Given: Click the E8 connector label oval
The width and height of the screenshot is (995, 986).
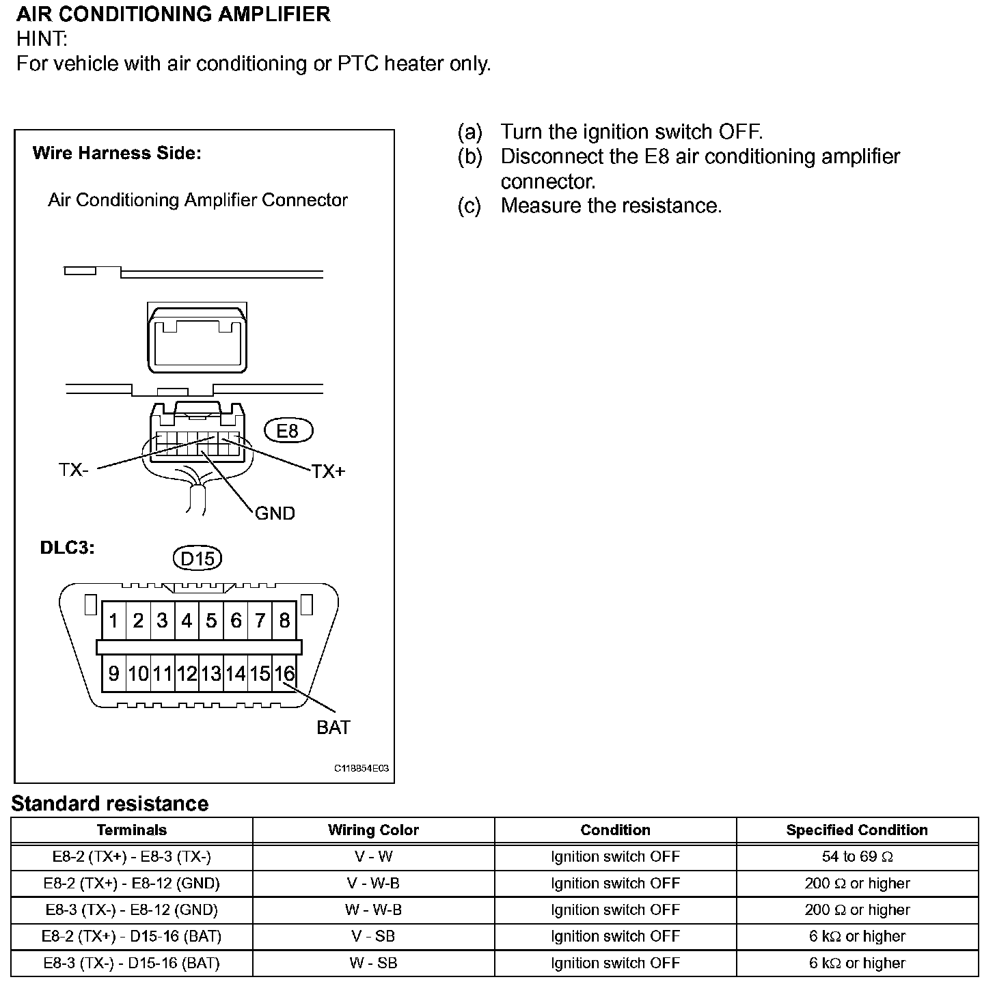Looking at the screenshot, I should tap(288, 431).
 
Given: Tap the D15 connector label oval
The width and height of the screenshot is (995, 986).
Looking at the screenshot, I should tap(197, 559).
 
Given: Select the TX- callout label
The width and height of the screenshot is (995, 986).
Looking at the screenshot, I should tap(73, 470).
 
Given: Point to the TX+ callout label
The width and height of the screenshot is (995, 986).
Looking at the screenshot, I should tap(328, 471).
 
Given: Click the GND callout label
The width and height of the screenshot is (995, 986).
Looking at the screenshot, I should tap(275, 513).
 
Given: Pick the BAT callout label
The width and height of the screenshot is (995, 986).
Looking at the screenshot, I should tap(333, 727).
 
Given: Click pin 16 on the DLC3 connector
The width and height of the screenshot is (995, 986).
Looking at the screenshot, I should tap(284, 674).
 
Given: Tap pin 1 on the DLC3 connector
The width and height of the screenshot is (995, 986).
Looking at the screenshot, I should tap(113, 621).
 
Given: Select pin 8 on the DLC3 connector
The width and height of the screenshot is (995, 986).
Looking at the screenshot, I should tap(284, 621).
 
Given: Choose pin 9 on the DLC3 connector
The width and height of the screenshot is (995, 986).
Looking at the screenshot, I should tap(113, 674).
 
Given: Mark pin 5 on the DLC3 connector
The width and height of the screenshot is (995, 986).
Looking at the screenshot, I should tap(211, 621).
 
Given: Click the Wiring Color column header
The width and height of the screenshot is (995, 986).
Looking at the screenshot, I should tap(373, 830).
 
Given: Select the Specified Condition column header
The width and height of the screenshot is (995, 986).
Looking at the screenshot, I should tap(857, 830).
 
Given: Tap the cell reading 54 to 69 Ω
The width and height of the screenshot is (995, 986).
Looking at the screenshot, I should tap(857, 857).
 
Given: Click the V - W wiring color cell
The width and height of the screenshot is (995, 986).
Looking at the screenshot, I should tap(373, 857).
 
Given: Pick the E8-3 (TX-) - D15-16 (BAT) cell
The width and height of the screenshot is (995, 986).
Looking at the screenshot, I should tap(132, 963).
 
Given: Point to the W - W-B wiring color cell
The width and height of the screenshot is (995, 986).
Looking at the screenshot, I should tap(373, 910).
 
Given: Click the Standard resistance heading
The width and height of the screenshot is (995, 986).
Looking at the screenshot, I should tap(110, 804).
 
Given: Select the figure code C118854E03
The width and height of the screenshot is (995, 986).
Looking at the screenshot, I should tap(362, 768).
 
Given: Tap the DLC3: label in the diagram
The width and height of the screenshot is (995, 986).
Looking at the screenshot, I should tap(67, 548).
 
